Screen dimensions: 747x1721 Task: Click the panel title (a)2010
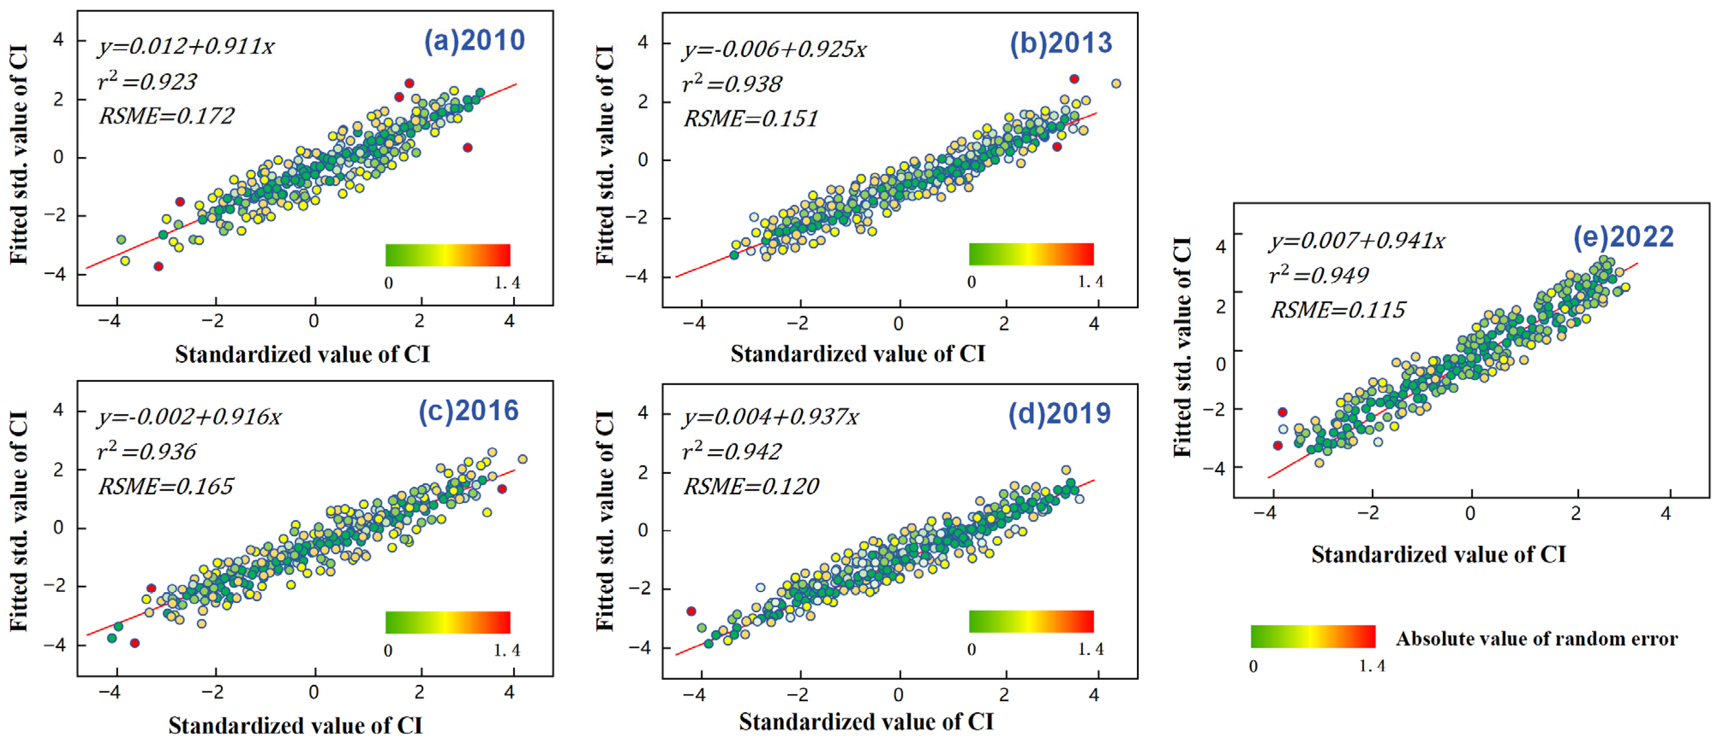pyautogui.click(x=474, y=41)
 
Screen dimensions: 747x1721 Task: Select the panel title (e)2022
pyautogui.click(x=1624, y=237)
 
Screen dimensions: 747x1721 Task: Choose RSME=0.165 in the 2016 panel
pyautogui.click(x=166, y=486)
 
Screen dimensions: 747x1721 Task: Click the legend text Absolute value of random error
pyautogui.click(x=1537, y=639)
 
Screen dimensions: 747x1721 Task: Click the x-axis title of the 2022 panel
pyautogui.click(x=1438, y=554)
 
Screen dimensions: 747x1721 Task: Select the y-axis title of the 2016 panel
pyautogui.click(x=19, y=521)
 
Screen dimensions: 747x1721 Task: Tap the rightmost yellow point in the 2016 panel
pyautogui.click(x=522, y=459)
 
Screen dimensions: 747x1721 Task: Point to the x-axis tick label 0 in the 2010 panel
pyautogui.click(x=313, y=321)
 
